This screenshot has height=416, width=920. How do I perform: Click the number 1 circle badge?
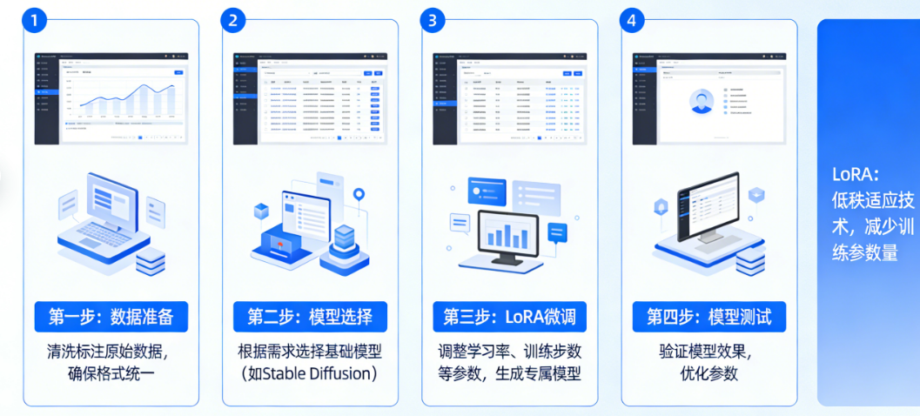click(x=34, y=21)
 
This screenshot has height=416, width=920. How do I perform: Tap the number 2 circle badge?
click(x=232, y=21)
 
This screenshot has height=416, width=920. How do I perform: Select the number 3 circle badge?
click(x=432, y=21)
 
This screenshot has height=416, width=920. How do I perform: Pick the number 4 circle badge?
click(x=632, y=21)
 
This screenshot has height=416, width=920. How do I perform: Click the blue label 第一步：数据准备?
click(x=111, y=317)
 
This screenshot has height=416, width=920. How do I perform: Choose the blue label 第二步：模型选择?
click(x=310, y=317)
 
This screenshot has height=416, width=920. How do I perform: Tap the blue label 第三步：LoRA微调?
click(x=509, y=317)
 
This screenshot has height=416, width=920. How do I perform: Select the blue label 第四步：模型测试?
click(x=708, y=317)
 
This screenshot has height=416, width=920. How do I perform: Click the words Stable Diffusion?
click(x=314, y=374)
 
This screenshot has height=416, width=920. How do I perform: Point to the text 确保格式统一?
click(x=111, y=374)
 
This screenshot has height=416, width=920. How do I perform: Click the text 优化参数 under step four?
click(x=708, y=374)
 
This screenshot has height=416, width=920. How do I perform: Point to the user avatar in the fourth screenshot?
click(x=702, y=102)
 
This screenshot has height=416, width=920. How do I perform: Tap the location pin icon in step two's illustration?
click(x=358, y=193)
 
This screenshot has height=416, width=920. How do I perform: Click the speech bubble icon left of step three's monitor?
click(x=459, y=222)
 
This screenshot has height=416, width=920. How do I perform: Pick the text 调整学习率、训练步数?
click(x=509, y=352)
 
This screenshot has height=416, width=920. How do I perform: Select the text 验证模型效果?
click(x=708, y=352)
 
